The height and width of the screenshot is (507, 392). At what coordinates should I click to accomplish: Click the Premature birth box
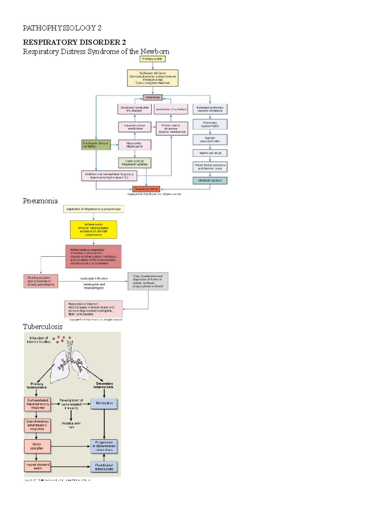pyautogui.click(x=152, y=59)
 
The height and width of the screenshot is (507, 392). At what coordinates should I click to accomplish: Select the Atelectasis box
pyautogui.click(x=153, y=97)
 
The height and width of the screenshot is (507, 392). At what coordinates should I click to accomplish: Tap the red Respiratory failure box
pyautogui.click(x=146, y=189)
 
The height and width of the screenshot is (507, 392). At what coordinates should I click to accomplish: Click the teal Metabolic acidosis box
pyautogui.click(x=210, y=181)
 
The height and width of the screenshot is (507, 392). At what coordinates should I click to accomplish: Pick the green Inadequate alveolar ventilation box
pyautogui.click(x=96, y=145)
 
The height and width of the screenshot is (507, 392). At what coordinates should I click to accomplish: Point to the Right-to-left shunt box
pyautogui.click(x=210, y=153)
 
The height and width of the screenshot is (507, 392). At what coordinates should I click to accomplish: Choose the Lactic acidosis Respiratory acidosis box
pyautogui.click(x=135, y=163)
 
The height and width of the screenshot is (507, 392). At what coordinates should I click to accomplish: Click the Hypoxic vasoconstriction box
pyautogui.click(x=210, y=140)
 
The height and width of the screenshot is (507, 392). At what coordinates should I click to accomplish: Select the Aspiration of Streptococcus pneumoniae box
pyautogui.click(x=93, y=209)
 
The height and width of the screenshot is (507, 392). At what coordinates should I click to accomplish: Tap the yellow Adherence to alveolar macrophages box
pyautogui.click(x=93, y=230)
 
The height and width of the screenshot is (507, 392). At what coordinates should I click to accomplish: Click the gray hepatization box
pyautogui.click(x=148, y=281)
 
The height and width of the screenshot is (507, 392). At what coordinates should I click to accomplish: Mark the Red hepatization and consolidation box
pyautogui.click(x=41, y=281)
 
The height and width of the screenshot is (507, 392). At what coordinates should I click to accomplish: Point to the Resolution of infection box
pyautogui.click(x=93, y=309)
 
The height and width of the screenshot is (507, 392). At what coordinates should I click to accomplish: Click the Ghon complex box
pyautogui.click(x=37, y=446)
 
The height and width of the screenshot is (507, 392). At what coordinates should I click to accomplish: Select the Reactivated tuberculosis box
pyautogui.click(x=104, y=467)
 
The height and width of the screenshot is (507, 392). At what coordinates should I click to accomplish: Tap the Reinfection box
pyautogui.click(x=104, y=404)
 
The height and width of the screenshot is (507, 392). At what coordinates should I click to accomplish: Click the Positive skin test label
pyautogui.click(x=71, y=425)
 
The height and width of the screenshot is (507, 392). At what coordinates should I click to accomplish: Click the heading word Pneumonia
pyautogui.click(x=40, y=201)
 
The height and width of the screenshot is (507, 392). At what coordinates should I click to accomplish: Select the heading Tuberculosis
pyautogui.click(x=42, y=326)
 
